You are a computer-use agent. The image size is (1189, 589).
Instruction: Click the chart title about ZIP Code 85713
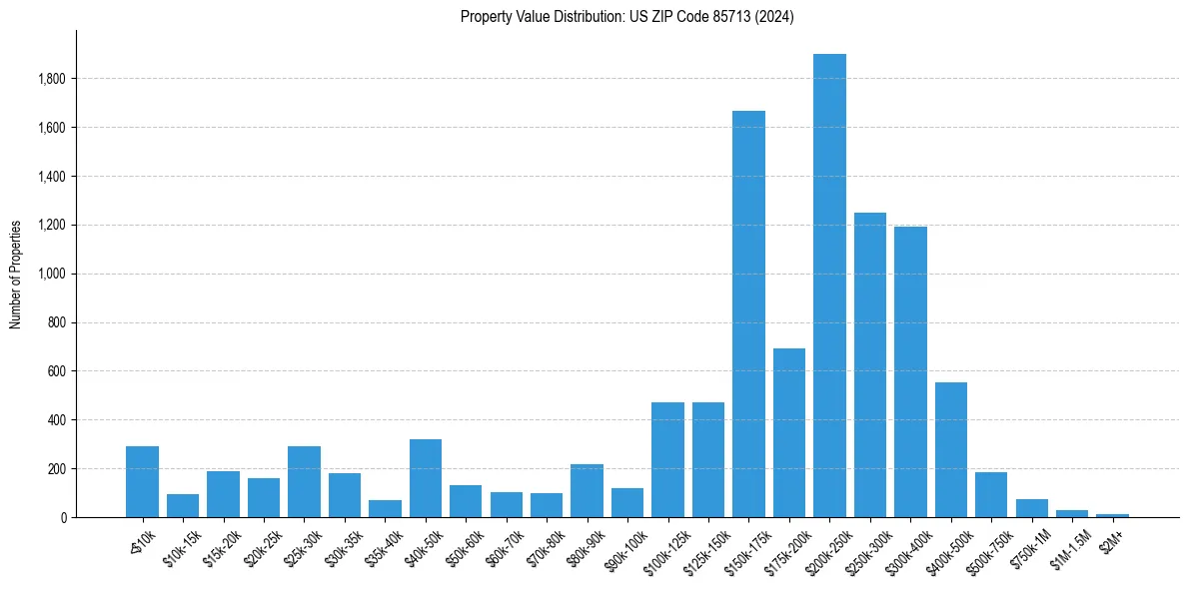point(626,17)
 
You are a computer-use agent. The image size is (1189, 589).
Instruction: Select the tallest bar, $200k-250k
point(829,290)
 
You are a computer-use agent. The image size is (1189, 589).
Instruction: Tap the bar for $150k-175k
point(748,319)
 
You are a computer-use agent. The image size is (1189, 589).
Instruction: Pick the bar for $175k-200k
point(789,434)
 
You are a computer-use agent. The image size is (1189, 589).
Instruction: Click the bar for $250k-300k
point(870,369)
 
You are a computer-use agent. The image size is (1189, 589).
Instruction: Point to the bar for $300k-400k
point(910,374)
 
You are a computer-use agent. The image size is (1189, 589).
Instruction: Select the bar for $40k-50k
point(426,479)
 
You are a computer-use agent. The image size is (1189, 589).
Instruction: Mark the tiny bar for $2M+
point(1112,515)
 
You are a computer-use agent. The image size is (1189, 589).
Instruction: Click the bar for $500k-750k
point(991,495)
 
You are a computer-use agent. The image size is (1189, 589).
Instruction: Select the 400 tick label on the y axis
point(57,420)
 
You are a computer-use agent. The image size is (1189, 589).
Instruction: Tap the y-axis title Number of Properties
point(16,274)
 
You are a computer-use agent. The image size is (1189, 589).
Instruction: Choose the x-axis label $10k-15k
point(183,545)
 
